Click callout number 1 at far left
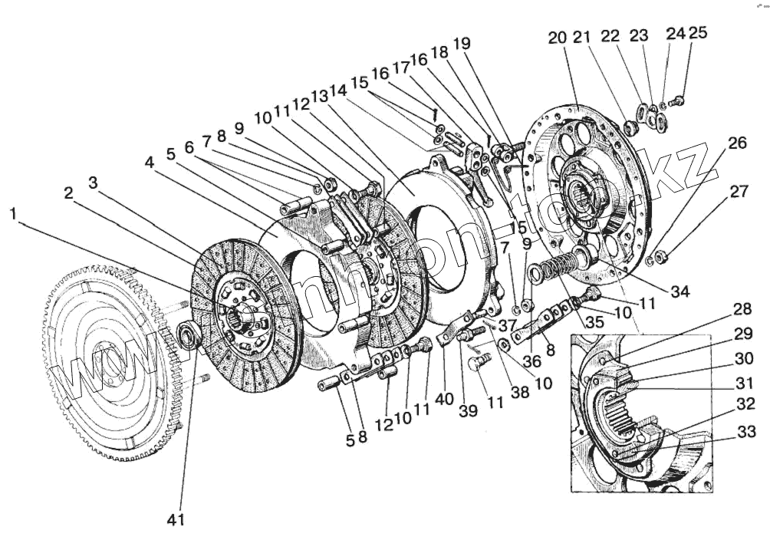pos(13,213)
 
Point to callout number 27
pos(738,192)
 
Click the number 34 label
pos(679,292)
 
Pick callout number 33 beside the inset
pos(746,431)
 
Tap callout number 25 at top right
pos(698,33)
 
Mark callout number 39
pos(468,410)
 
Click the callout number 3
pos(93,182)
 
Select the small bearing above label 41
pos(186,334)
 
